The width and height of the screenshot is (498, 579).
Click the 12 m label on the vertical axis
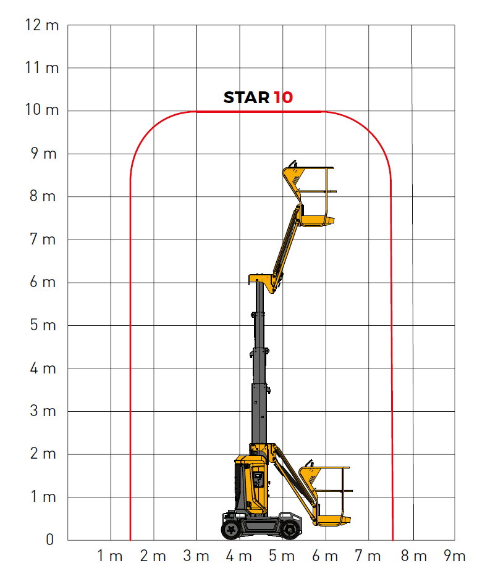pyautogui.click(x=42, y=25)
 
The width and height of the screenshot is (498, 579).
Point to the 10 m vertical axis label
pyautogui.click(x=42, y=110)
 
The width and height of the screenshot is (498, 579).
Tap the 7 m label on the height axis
pyautogui.click(x=43, y=240)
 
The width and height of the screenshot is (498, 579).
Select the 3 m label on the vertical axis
pyautogui.click(x=43, y=410)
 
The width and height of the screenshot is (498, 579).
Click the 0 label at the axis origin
pyautogui.click(x=50, y=539)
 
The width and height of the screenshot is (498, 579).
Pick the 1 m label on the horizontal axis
pyautogui.click(x=110, y=556)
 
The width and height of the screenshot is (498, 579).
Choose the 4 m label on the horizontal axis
pyautogui.click(x=239, y=556)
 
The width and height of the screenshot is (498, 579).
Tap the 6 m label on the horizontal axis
pyautogui.click(x=325, y=556)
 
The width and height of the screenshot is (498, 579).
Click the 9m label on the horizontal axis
pyautogui.click(x=454, y=556)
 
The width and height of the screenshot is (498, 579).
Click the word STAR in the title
pyautogui.click(x=247, y=98)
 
